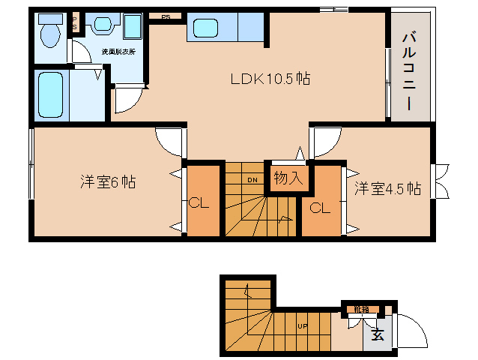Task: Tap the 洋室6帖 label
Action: click(x=108, y=182)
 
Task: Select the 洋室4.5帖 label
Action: click(x=387, y=188)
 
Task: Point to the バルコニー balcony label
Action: click(x=409, y=72)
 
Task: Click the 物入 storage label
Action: click(x=287, y=178)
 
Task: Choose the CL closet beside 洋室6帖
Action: click(x=198, y=202)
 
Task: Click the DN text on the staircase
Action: click(x=252, y=181)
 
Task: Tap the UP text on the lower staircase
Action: click(x=303, y=326)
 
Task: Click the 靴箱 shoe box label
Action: click(x=361, y=309)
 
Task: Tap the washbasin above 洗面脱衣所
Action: click(x=102, y=25)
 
